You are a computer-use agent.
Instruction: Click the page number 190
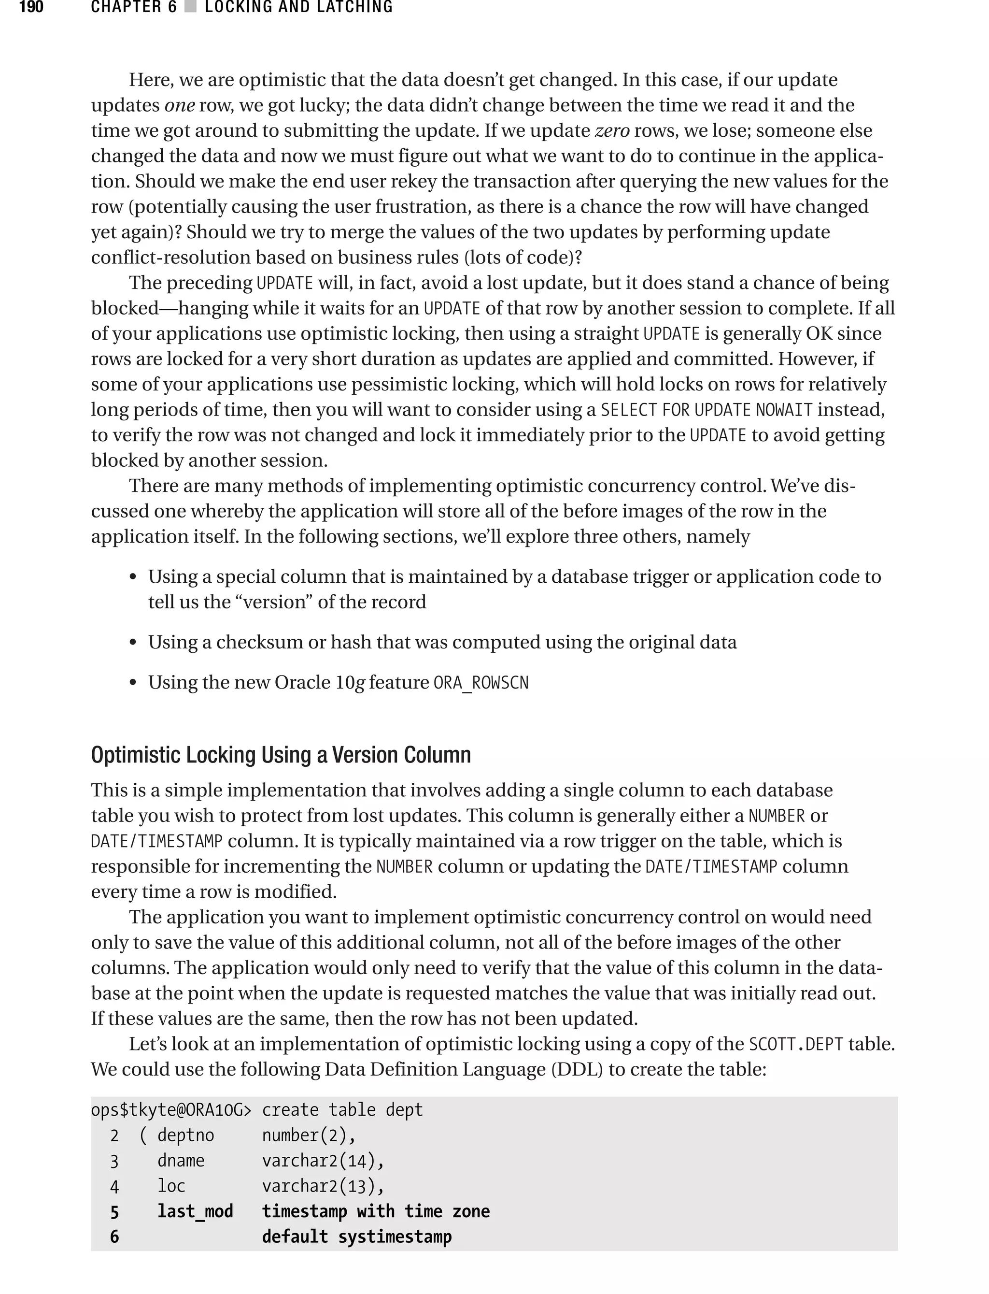point(31,8)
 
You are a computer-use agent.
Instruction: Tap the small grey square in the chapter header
point(190,8)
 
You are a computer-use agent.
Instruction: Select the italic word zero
point(613,131)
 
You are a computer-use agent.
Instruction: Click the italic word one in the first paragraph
point(180,105)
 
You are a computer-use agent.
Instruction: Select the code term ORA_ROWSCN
point(481,683)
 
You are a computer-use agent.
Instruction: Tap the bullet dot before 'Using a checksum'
point(133,643)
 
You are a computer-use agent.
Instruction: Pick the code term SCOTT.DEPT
point(796,1044)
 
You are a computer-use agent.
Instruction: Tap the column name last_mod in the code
point(195,1211)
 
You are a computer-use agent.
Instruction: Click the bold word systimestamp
point(395,1237)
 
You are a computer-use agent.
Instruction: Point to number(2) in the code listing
point(309,1136)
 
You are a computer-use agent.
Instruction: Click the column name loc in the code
point(171,1186)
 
